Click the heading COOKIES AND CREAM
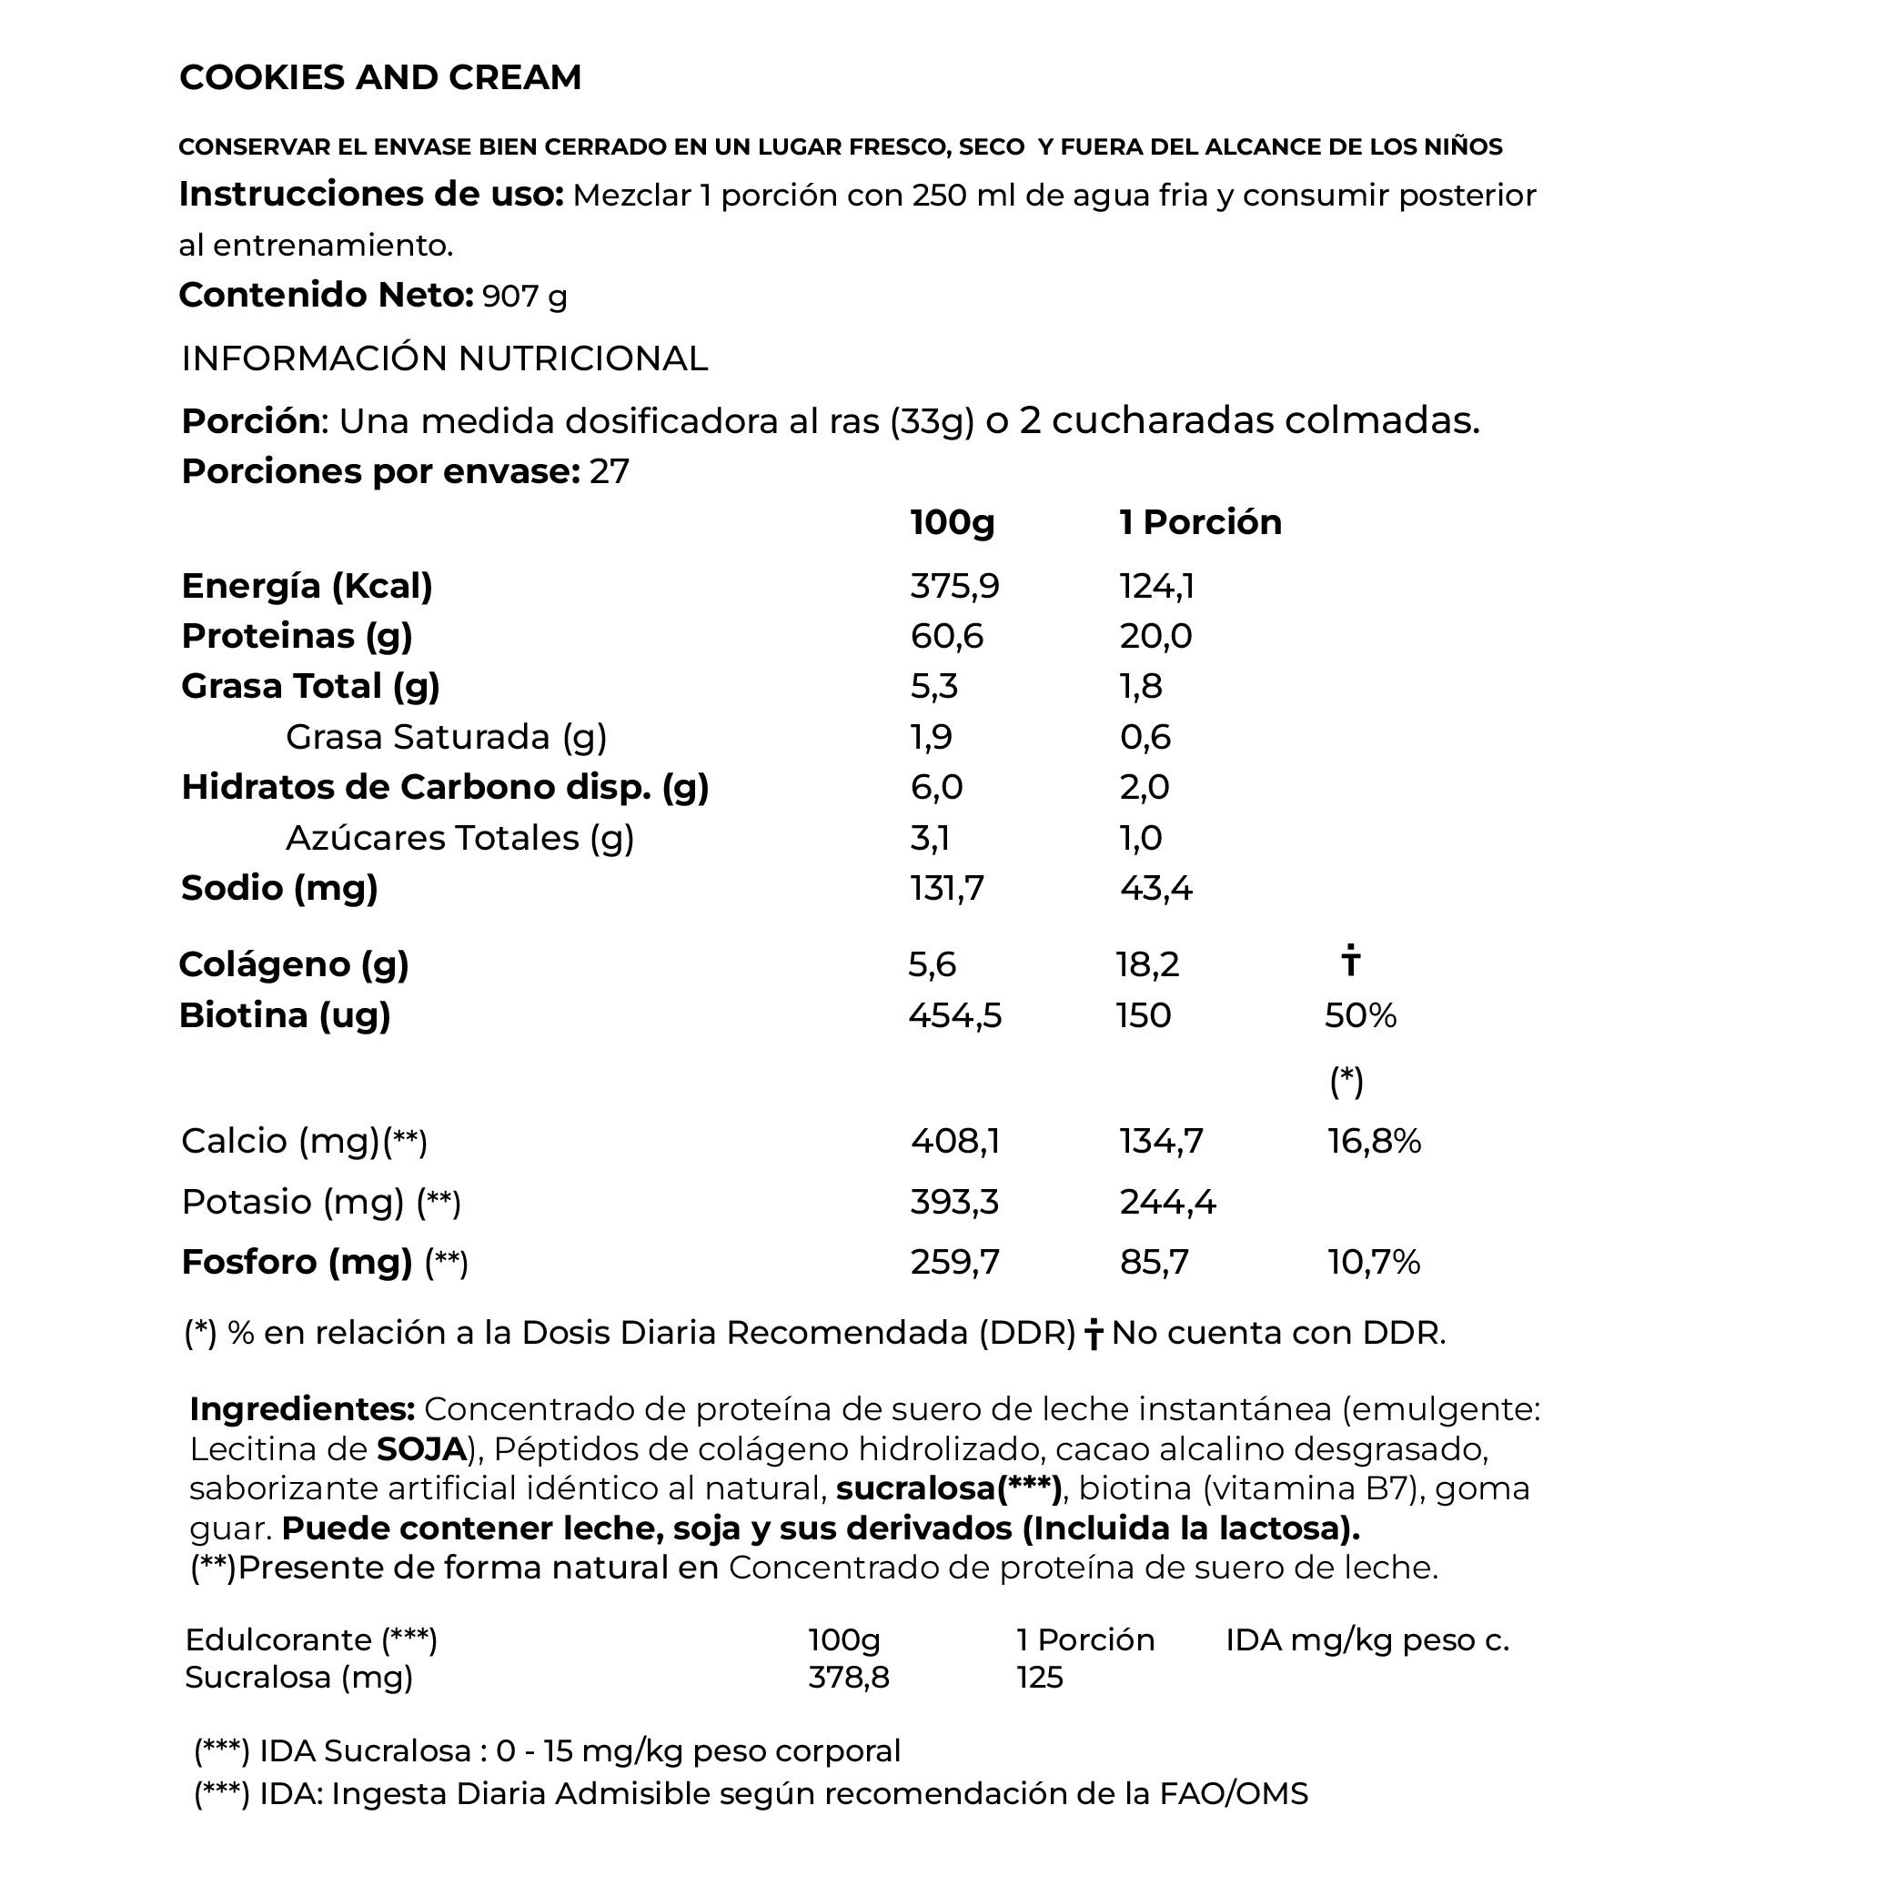[381, 77]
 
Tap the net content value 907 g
[525, 296]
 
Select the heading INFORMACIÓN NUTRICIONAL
[445, 359]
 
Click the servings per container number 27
[610, 472]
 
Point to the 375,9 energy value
[953, 586]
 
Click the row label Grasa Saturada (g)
[447, 737]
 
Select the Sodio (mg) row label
[279, 888]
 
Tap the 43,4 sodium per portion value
[1155, 888]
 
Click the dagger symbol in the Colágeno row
[1350, 961]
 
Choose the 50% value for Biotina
[1360, 1015]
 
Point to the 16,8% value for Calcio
[1374, 1141]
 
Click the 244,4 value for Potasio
[1167, 1202]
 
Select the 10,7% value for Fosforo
[1374, 1262]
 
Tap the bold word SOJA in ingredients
[422, 1449]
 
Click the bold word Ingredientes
[302, 1409]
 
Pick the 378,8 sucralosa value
[849, 1677]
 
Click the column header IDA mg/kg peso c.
[1367, 1639]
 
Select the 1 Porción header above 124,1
[1200, 522]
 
